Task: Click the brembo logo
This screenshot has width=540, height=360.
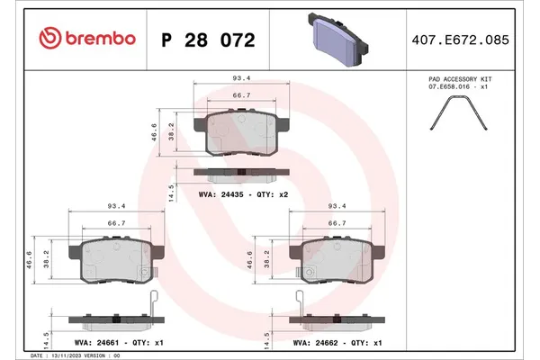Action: coord(88,39)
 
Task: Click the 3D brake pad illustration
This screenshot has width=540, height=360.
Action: coord(337,36)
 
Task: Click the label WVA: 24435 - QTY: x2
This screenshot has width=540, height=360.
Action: coord(243,192)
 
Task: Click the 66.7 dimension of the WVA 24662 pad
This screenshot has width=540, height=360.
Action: coord(337,222)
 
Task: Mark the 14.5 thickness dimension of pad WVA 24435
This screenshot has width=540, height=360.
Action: coord(171,191)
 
